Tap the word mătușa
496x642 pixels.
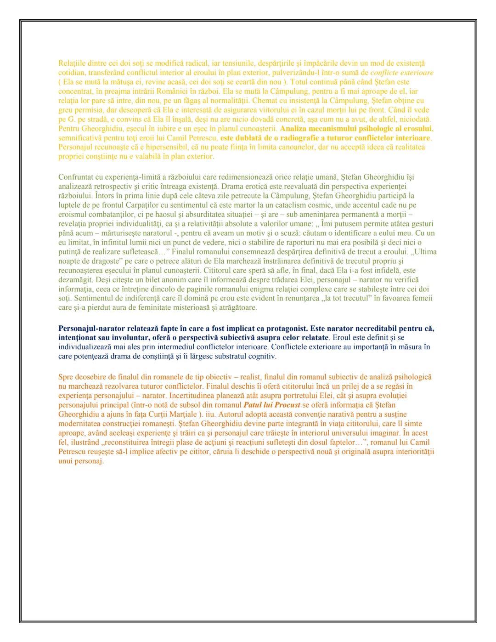(x=111, y=82)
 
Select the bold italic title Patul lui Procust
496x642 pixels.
(x=271, y=405)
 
